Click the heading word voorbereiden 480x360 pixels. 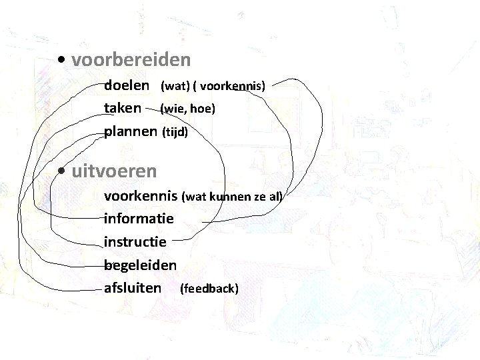point(131,61)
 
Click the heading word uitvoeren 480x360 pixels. point(114,171)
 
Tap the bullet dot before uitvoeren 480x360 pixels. point(61,171)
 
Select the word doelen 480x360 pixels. point(127,86)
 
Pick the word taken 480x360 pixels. point(123,108)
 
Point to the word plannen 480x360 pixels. point(131,131)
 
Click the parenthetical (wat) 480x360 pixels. point(175,86)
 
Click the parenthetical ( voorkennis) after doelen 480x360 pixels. point(229,86)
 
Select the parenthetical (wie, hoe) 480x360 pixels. point(188,108)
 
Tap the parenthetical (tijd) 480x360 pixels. point(175,132)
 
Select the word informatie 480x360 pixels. point(139,219)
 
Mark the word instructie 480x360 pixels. point(135,241)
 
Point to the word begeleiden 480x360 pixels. point(140,265)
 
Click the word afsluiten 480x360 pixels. point(133,288)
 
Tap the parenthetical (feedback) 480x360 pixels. point(209,288)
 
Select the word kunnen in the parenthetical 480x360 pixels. point(231,197)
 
